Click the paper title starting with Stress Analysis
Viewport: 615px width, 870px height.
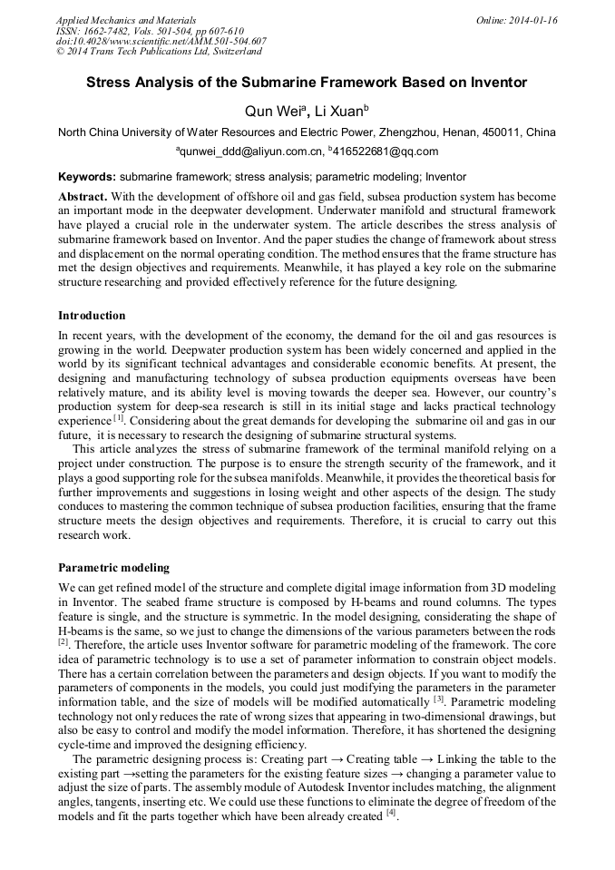coord(307,83)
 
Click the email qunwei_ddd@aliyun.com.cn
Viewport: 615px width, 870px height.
coord(251,152)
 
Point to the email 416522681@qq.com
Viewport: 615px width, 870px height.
coord(386,152)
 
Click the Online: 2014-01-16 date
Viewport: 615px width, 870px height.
coord(516,20)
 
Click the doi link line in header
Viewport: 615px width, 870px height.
coord(161,42)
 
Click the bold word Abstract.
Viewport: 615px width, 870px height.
coord(83,197)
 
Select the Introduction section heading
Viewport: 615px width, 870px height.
coord(92,316)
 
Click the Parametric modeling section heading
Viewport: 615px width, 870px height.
coord(113,568)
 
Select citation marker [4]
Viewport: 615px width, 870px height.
coord(391,813)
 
